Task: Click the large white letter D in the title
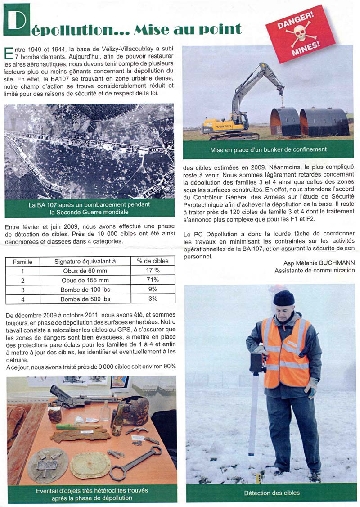pos(16,20)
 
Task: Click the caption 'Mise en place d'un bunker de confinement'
pos(268,149)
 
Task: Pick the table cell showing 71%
pos(153,280)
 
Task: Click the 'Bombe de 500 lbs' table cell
pos(85,299)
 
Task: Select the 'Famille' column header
pos(22,261)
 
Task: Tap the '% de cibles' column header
pos(153,261)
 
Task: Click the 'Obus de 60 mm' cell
pos(85,271)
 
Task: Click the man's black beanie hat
pos(284,298)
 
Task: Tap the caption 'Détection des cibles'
pos(272,493)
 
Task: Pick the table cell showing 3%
pos(153,299)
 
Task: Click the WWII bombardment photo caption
pos(89,208)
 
